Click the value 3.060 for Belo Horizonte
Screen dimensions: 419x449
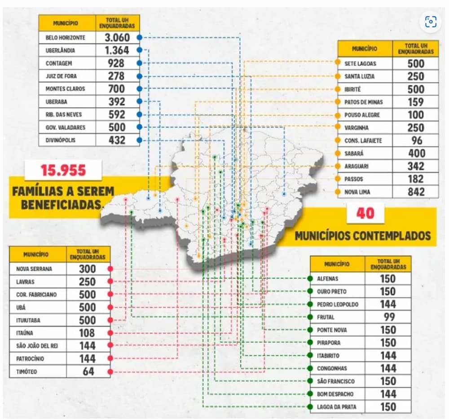[116, 38]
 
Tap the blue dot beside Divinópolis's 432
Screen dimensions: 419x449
[139, 140]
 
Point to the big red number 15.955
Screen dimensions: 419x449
[62, 170]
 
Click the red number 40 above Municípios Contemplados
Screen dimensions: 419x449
[365, 213]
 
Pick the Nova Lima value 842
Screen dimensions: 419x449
[415, 192]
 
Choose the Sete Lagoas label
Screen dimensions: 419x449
[360, 64]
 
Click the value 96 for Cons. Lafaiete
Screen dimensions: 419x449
[416, 141]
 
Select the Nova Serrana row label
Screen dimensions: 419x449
[31, 269]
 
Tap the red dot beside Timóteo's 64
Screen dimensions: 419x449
[110, 372]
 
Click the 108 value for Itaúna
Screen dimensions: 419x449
[87, 333]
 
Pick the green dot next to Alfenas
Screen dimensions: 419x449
[310, 278]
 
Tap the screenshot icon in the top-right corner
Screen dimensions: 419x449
[431, 21]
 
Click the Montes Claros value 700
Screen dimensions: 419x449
[116, 89]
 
